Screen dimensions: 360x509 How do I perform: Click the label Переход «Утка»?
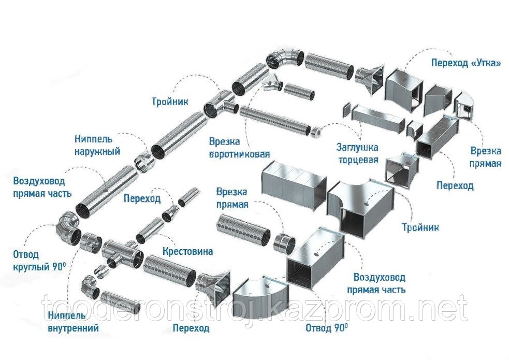tap(466, 64)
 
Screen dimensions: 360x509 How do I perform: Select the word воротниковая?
tap(240, 154)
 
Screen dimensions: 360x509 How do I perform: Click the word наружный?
tap(96, 151)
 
